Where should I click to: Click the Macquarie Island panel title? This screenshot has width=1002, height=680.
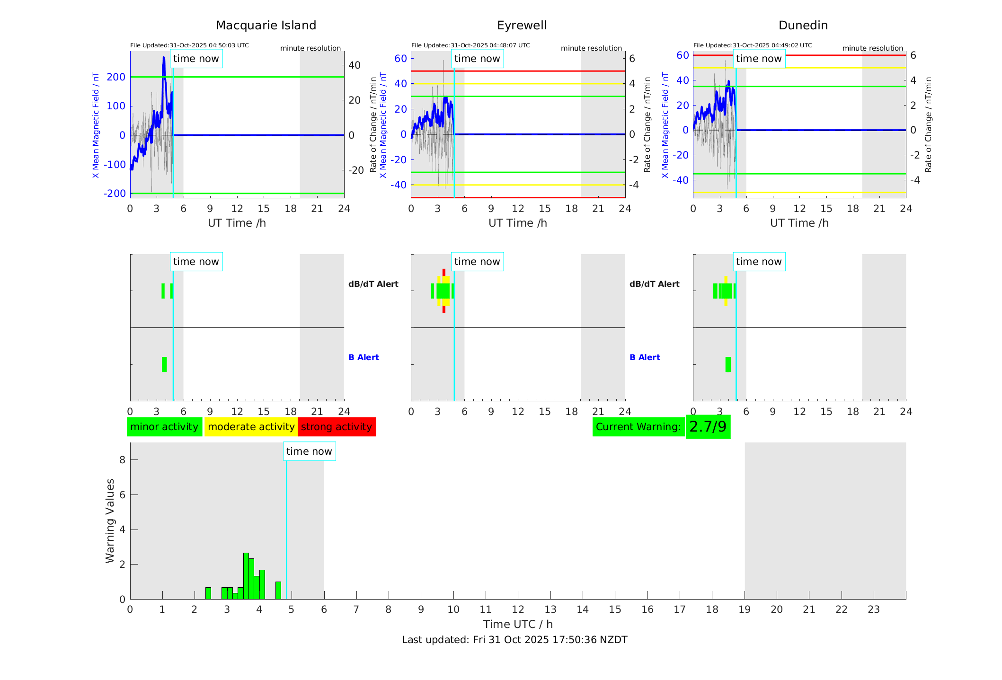tap(266, 26)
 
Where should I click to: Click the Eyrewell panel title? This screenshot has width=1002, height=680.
tap(522, 26)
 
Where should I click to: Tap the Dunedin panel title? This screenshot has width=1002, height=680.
tap(803, 26)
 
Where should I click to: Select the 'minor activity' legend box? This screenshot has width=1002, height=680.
tap(164, 427)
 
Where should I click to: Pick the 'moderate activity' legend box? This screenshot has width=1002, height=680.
tap(251, 427)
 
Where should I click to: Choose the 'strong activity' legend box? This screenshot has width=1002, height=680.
tap(337, 427)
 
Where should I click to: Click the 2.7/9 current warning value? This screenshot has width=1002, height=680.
tap(708, 427)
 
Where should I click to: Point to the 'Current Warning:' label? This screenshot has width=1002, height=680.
tap(638, 427)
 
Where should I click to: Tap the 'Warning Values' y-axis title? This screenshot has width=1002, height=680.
tap(110, 521)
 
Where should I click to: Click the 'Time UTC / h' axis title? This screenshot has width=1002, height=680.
tap(518, 624)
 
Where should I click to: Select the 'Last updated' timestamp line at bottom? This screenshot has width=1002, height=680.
tap(514, 640)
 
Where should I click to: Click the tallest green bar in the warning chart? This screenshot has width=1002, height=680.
tap(246, 576)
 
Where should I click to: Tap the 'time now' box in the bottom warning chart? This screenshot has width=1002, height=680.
tap(309, 451)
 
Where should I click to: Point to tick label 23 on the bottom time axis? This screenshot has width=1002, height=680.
tap(873, 609)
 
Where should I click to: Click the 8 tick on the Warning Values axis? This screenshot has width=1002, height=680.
tap(122, 460)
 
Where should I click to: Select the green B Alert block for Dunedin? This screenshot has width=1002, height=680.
tap(728, 364)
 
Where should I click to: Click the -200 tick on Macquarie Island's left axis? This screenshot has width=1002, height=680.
tap(115, 194)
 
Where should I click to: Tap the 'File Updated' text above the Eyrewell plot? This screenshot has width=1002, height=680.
tap(470, 45)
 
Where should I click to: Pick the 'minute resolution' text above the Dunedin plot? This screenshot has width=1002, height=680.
tap(872, 48)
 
